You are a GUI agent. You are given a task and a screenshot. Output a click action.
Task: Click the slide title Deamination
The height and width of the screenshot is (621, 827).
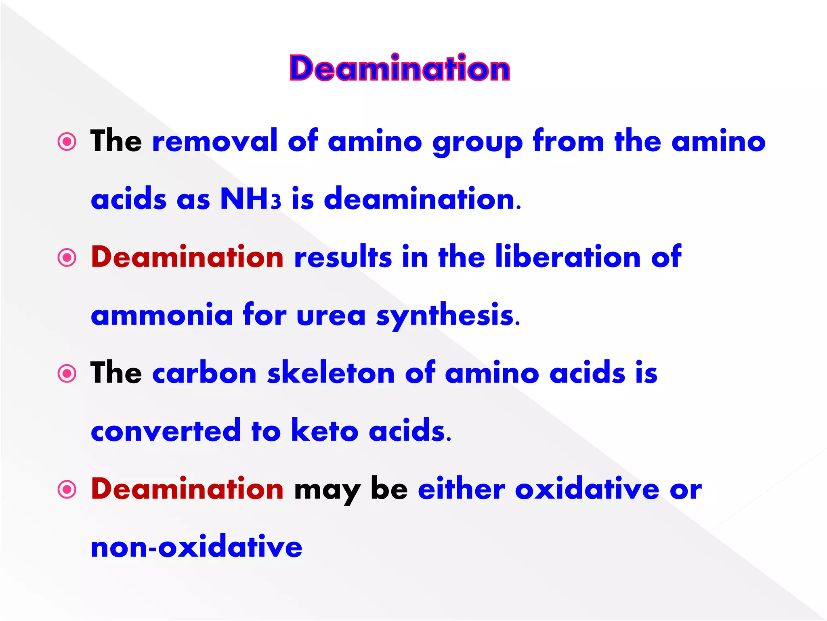click(x=400, y=68)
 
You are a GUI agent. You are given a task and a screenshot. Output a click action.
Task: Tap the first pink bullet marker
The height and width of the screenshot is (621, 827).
click(x=67, y=142)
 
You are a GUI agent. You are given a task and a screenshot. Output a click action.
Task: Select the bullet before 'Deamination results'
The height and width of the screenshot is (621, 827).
click(x=67, y=258)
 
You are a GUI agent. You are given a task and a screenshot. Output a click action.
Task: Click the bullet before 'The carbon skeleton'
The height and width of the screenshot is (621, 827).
click(x=67, y=374)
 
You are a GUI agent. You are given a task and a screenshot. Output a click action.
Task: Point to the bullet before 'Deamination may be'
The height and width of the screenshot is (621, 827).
click(x=67, y=490)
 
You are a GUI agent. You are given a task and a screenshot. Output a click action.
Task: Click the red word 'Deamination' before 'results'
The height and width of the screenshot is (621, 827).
click(x=187, y=257)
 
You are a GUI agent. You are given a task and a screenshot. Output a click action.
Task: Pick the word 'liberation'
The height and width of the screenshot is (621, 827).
click(x=568, y=257)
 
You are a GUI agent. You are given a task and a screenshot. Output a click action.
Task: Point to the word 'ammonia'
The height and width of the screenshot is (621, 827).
click(x=162, y=315)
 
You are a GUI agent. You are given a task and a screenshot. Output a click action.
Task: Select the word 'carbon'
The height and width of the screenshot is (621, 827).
click(x=204, y=373)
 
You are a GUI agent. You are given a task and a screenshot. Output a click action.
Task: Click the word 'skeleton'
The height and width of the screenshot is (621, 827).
click(x=331, y=373)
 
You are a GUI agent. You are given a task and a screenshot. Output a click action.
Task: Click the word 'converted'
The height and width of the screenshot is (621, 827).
click(x=166, y=431)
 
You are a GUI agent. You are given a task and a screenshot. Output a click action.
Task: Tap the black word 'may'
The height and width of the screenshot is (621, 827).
click(x=327, y=490)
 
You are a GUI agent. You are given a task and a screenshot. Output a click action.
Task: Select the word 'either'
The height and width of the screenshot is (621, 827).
click(x=461, y=489)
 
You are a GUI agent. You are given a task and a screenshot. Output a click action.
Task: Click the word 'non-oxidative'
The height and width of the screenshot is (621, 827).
click(x=197, y=547)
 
